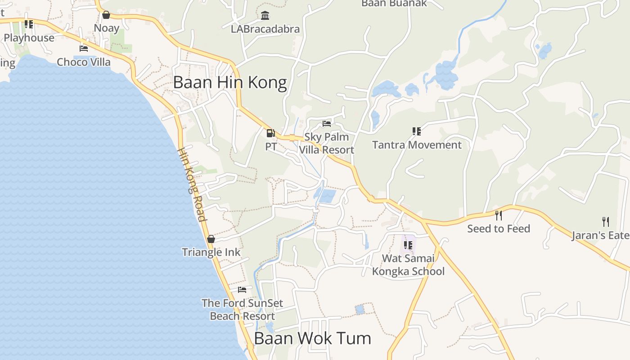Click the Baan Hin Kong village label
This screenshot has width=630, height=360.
[x=229, y=83]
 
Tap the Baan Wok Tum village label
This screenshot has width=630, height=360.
[x=312, y=338]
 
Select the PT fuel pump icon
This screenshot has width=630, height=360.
[x=270, y=133]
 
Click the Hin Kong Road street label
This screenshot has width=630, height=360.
[x=192, y=184]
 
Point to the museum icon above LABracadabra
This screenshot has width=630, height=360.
[x=265, y=16]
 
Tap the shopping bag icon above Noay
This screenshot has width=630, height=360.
[x=106, y=15]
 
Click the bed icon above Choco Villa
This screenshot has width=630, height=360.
[x=83, y=48]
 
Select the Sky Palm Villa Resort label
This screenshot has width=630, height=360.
[x=327, y=143]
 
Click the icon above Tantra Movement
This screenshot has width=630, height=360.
[x=417, y=131]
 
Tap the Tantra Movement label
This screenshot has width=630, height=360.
[x=417, y=145]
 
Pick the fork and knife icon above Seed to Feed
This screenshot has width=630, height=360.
[x=498, y=215]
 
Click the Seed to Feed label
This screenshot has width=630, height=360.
[x=499, y=229]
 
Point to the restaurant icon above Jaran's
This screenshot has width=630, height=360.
[x=606, y=221]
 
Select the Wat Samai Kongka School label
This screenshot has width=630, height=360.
[x=408, y=265]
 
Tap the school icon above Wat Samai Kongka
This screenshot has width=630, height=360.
[x=408, y=245]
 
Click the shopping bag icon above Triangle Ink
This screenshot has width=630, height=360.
[x=211, y=239]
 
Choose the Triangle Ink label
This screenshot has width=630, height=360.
[x=211, y=252]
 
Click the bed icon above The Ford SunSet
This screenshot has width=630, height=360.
[x=242, y=289]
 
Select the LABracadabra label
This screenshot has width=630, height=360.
[x=265, y=29]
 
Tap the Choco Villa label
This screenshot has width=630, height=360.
[x=84, y=62]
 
